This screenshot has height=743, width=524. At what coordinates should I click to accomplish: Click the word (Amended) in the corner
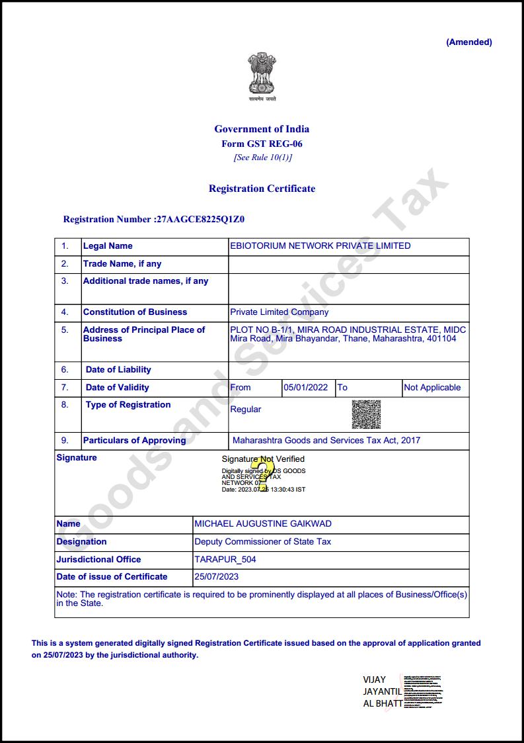click(x=469, y=42)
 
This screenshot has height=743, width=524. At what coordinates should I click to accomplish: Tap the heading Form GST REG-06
click(x=262, y=144)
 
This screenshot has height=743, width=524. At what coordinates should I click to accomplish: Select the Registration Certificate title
click(x=262, y=189)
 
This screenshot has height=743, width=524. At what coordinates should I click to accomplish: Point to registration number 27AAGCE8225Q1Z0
click(x=204, y=219)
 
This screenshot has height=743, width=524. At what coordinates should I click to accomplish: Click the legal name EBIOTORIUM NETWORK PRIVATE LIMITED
click(x=320, y=246)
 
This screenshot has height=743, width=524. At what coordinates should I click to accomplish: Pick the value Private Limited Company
click(x=279, y=312)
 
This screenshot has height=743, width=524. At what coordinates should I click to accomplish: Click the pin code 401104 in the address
click(x=441, y=339)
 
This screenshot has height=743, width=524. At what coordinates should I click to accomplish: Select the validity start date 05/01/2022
click(x=305, y=388)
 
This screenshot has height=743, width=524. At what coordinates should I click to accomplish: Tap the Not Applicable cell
click(x=432, y=388)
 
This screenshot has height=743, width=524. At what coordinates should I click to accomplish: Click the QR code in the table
click(x=366, y=414)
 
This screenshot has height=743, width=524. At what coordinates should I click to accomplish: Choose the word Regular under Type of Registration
click(x=245, y=410)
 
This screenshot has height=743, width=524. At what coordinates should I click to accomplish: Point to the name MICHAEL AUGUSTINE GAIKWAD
click(x=263, y=524)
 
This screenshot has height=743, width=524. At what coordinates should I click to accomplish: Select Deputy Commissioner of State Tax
click(x=262, y=542)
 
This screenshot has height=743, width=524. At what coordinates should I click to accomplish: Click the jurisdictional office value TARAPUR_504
click(x=225, y=560)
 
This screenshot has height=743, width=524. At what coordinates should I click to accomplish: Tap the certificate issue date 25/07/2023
click(x=217, y=577)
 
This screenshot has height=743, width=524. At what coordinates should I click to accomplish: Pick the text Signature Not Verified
click(x=263, y=459)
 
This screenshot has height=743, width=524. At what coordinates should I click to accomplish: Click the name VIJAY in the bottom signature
click(x=375, y=679)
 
